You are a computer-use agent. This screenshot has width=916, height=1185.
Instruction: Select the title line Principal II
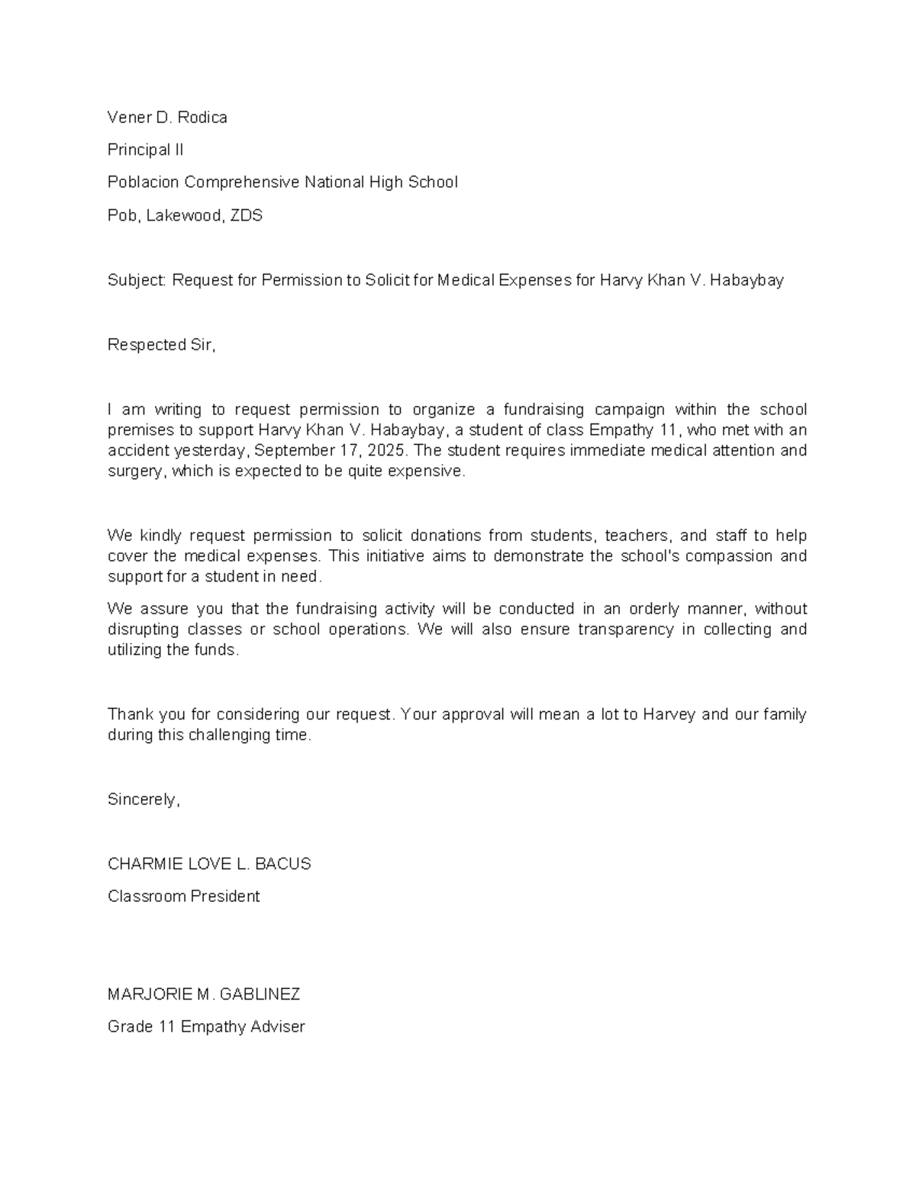coord(145,150)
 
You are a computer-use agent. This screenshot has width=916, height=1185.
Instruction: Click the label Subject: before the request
coord(137,281)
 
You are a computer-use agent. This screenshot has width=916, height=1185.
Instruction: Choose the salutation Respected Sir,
coord(162,345)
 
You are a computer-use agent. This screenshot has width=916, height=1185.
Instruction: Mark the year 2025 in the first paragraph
coord(385,451)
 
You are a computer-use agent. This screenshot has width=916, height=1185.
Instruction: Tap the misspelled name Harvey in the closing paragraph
coord(669,715)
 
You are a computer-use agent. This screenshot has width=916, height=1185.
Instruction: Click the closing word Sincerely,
coord(144,800)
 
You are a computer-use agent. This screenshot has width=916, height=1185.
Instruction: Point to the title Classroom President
coord(183,897)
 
